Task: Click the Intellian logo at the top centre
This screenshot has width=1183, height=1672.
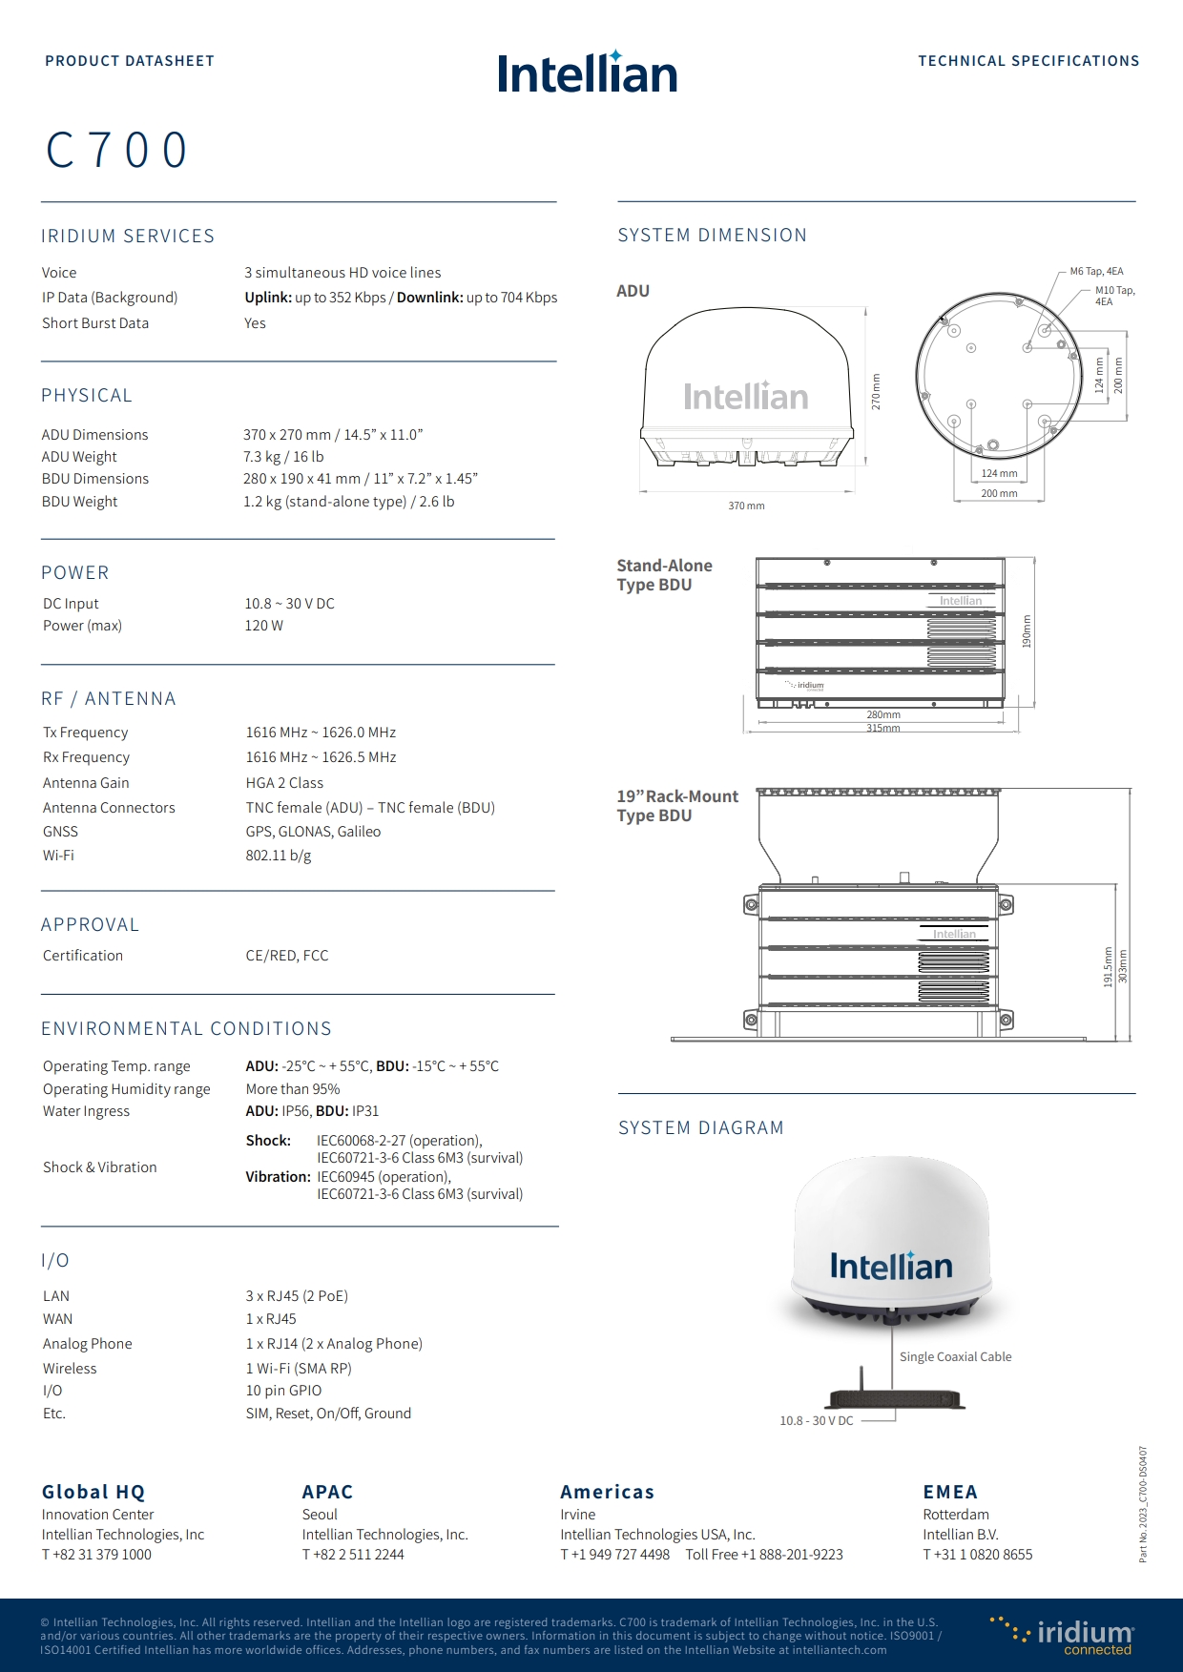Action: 587,73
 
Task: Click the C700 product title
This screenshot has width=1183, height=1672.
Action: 117,151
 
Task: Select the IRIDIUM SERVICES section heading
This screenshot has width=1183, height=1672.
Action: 128,237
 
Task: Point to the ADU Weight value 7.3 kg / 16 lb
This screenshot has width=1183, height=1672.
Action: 283,457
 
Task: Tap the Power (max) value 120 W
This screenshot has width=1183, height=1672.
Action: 263,626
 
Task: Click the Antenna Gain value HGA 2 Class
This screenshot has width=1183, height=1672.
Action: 284,783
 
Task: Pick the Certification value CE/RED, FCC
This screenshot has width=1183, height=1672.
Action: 286,956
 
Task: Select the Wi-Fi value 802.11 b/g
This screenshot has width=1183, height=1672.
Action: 279,856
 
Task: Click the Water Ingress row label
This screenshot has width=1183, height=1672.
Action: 86,1111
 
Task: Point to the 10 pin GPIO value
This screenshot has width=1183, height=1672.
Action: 283,1391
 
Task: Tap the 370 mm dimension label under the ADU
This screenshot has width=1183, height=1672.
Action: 746,506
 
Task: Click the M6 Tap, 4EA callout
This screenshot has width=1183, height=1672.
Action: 1096,272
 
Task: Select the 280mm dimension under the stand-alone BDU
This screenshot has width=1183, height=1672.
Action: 882,714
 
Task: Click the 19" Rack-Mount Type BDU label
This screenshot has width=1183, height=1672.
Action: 676,806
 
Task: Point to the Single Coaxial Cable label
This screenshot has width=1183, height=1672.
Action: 955,1356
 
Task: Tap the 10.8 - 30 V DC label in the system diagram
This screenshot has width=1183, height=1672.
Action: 816,1421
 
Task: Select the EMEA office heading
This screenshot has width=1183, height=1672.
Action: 949,1492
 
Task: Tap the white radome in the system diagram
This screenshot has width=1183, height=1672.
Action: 890,1230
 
